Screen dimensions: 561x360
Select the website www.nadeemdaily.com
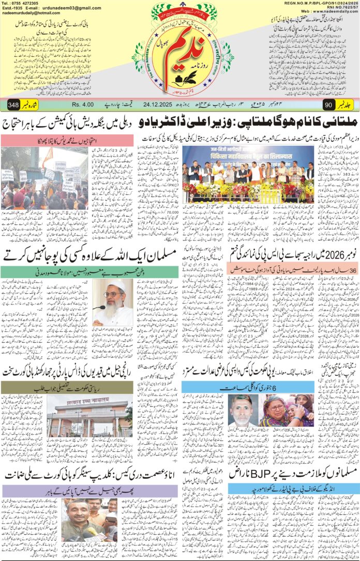331,16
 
